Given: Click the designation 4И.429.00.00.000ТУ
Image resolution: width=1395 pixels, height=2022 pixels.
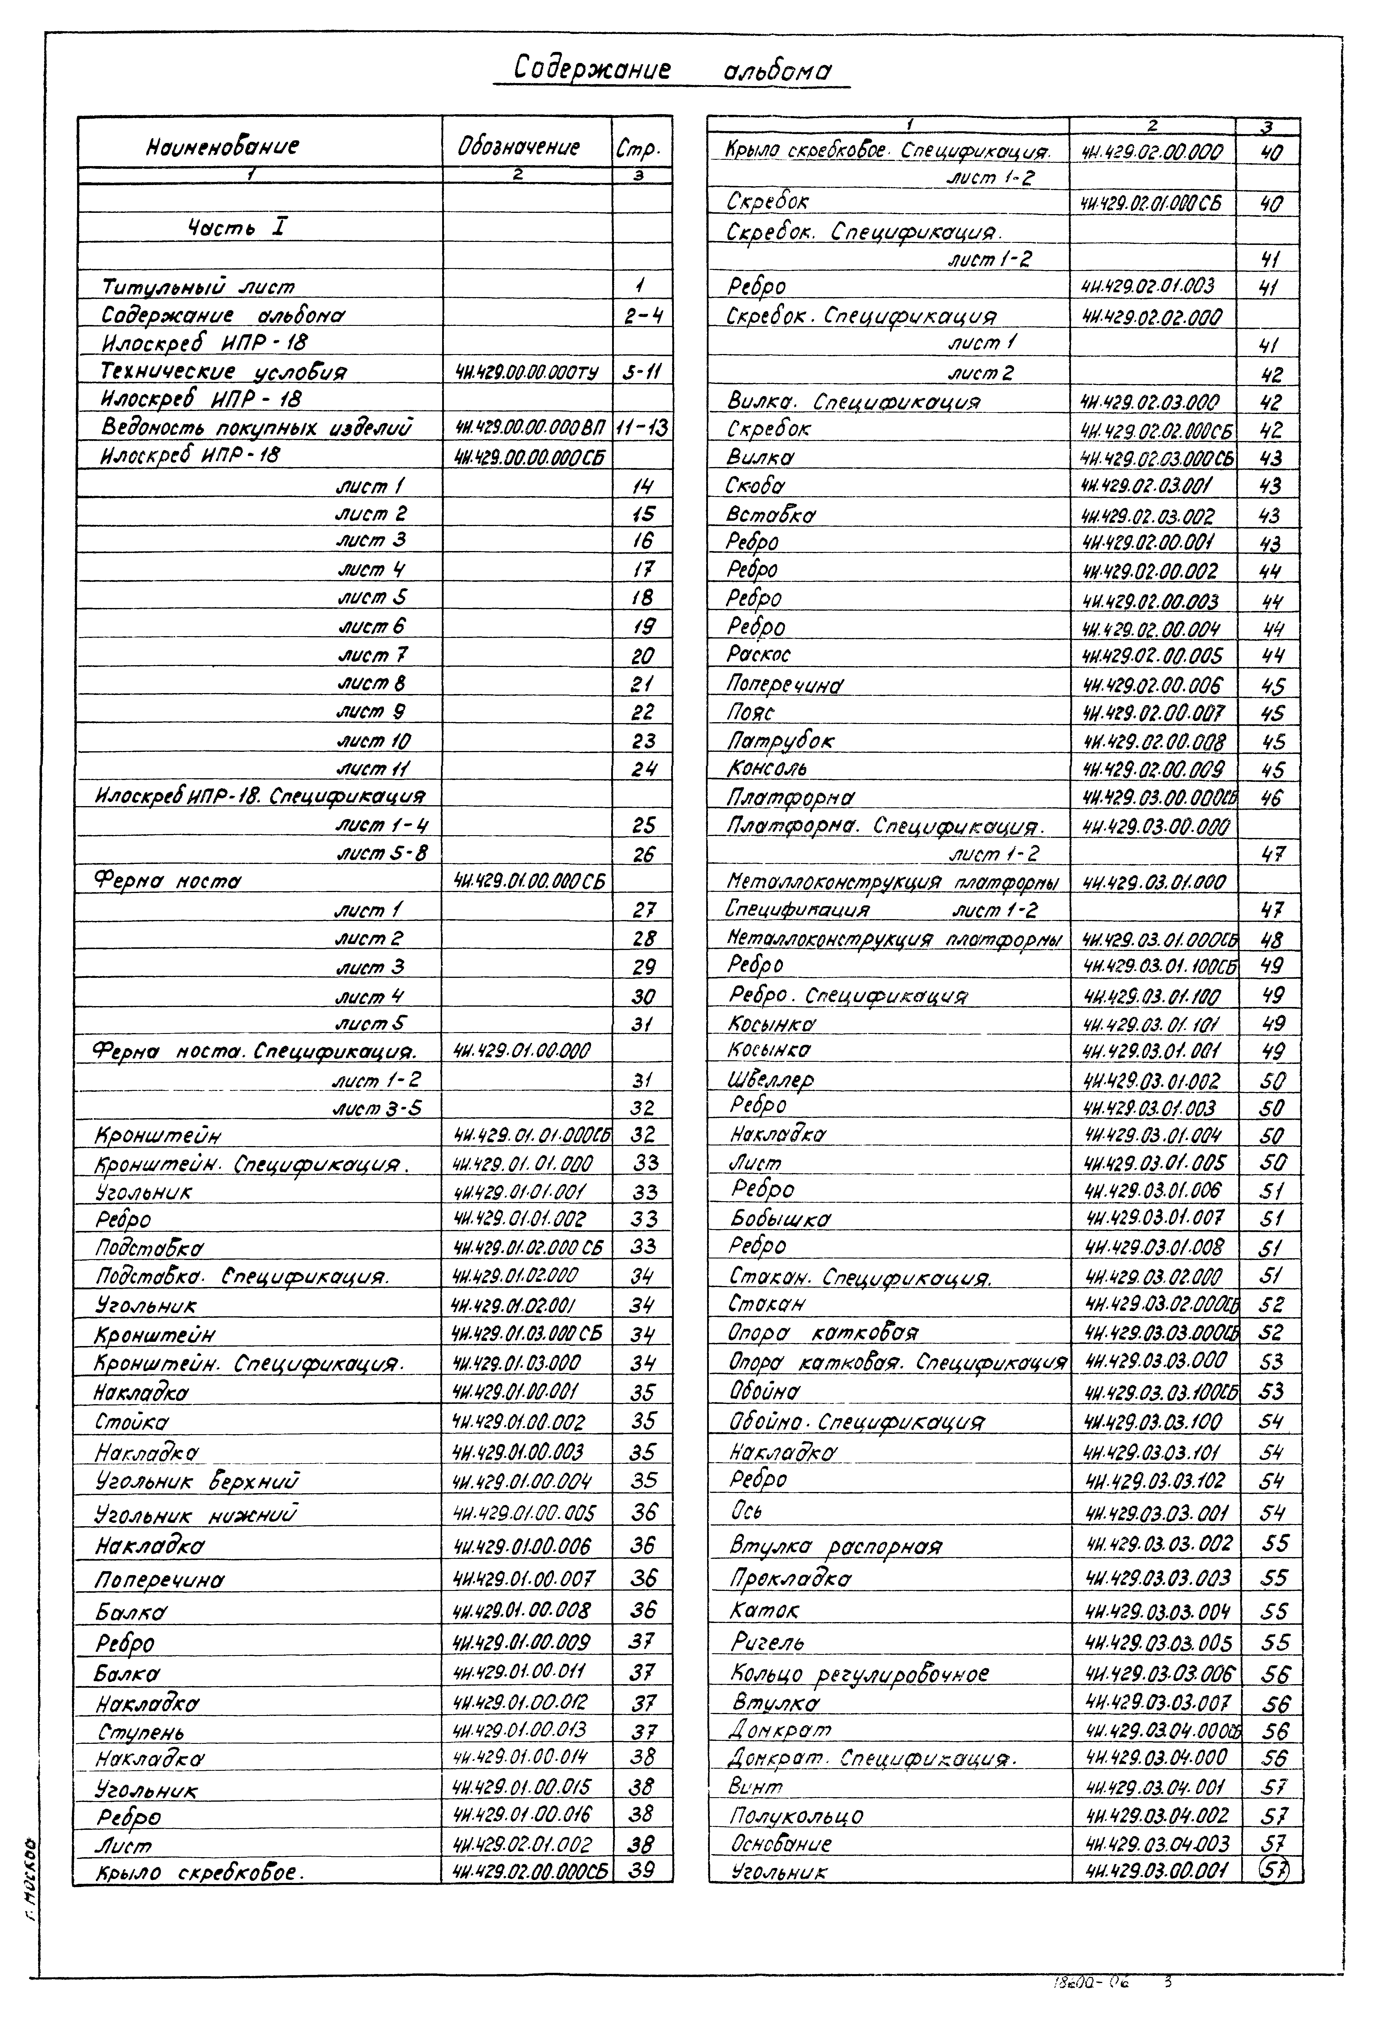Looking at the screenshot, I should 526,372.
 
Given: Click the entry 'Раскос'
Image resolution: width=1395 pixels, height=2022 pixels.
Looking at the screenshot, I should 759,654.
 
